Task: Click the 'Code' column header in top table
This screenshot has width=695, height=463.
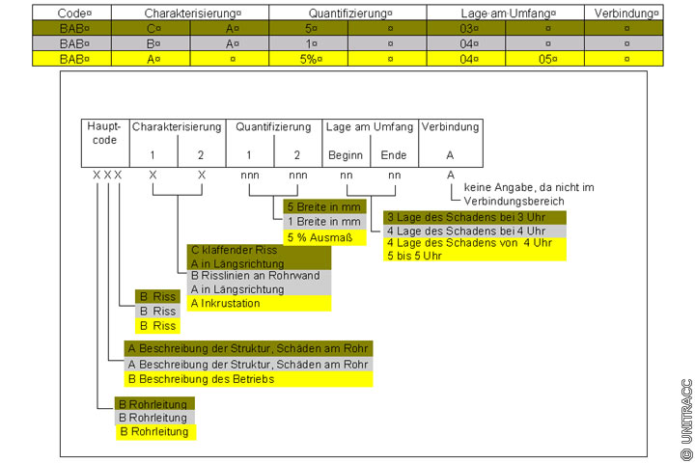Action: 72,15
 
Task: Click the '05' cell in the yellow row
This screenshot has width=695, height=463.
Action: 547,58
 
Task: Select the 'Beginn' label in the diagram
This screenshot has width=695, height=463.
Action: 346,155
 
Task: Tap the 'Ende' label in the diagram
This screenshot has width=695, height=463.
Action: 394,155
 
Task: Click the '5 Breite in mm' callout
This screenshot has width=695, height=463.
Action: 325,207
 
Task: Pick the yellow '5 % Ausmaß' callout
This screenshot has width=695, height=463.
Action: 320,236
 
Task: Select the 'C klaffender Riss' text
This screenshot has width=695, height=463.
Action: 235,250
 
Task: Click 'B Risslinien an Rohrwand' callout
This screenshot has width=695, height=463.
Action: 257,276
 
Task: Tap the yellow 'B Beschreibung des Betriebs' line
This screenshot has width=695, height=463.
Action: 201,379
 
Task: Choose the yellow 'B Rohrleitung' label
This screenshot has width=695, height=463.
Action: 153,431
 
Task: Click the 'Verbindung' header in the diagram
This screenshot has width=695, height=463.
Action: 450,126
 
